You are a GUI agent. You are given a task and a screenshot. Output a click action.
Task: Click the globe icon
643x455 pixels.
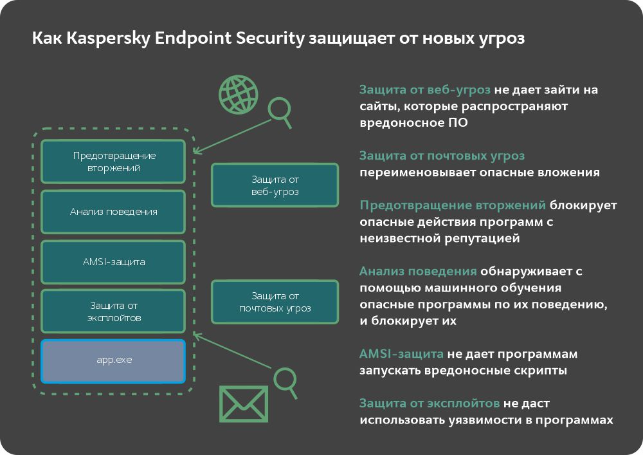tap(238, 93)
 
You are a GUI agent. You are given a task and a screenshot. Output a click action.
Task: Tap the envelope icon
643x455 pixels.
tap(244, 404)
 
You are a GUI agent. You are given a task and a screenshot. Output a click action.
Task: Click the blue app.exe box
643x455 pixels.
tap(113, 361)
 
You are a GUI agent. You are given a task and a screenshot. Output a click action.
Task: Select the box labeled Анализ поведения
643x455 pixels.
tap(113, 211)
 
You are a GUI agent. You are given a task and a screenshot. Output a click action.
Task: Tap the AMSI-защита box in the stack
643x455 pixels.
tap(113, 262)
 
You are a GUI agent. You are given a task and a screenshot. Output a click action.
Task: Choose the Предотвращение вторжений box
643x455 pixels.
tap(113, 162)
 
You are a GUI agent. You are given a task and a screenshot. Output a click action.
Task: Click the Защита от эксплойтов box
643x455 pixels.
tap(113, 311)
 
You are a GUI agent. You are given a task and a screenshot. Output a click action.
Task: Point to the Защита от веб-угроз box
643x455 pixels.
tap(275, 185)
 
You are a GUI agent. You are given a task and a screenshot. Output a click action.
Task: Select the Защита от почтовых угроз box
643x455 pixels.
tap(275, 302)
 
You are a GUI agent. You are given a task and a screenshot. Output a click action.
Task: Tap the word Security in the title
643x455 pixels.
tap(260, 39)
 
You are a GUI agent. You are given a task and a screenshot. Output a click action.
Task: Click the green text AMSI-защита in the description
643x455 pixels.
tap(401, 355)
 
